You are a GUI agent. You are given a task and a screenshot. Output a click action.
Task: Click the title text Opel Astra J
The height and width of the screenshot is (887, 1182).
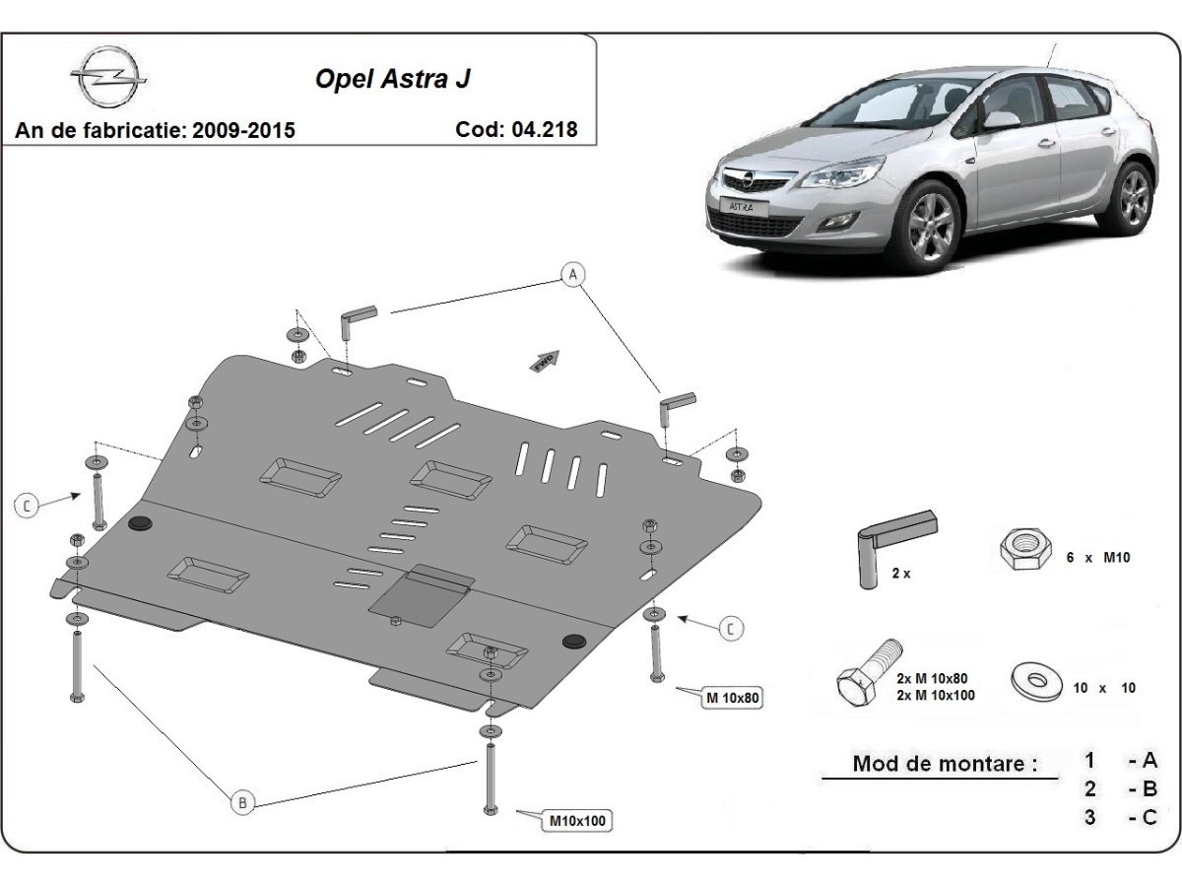pos(392,79)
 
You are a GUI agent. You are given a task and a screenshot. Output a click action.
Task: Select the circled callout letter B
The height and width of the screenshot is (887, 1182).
pos(242,803)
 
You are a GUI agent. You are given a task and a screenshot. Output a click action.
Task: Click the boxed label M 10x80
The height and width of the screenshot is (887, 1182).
pos(732,698)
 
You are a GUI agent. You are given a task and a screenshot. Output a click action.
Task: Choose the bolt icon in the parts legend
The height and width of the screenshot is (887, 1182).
pos(867,674)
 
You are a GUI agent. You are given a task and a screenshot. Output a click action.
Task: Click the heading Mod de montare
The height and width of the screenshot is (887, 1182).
pos(945,763)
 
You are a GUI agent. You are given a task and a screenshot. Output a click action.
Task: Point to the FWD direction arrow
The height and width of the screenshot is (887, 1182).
pos(545,361)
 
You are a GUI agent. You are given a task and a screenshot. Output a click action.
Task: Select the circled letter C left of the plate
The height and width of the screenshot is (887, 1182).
pos(27,506)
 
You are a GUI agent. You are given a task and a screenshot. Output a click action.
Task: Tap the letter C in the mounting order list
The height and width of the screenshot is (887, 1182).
pos(1149,817)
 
